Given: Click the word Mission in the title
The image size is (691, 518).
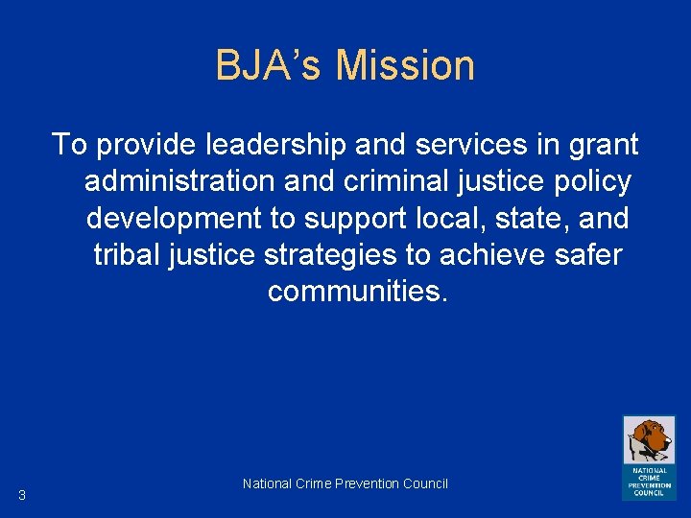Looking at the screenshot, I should pos(406,66).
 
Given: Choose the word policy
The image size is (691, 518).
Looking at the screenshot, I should pos(589,183).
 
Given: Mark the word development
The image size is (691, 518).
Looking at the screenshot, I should pos(173,220).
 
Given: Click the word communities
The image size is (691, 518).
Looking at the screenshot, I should pos(357,291).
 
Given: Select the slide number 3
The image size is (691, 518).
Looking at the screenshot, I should pos(21,495).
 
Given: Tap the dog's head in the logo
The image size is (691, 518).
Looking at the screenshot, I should pos(652,437).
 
